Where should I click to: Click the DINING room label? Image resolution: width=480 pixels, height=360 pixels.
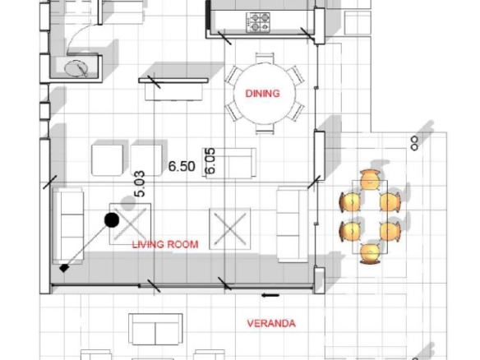tap(263, 94)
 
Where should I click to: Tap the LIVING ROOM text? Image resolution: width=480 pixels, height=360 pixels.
tap(165, 244)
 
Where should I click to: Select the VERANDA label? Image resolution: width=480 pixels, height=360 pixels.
tap(271, 324)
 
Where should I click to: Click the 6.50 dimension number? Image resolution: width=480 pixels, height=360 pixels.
tap(182, 166)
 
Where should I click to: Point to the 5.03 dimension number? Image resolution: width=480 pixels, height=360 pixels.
tap(139, 183)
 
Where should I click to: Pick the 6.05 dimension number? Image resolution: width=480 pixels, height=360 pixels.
tap(210, 161)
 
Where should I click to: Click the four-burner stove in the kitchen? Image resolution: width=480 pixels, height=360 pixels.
tap(258, 22)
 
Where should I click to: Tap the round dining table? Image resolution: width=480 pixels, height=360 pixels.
tap(265, 94)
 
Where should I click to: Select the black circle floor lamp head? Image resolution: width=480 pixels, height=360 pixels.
tap(112, 219)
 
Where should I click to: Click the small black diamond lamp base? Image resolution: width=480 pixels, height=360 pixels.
tap(63, 268)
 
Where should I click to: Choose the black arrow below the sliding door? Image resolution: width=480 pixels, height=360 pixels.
tap(270, 295)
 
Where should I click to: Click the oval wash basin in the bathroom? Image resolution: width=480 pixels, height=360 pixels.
tap(76, 68)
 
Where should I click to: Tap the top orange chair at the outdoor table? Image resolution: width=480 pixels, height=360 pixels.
tap(370, 179)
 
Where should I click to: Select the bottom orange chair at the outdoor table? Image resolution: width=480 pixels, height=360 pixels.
tap(370, 254)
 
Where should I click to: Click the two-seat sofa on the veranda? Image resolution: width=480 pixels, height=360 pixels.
tap(155, 329)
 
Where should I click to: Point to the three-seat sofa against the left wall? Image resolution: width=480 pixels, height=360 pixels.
tap(68, 226)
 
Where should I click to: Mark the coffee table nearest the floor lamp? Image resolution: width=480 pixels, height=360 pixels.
tap(131, 224)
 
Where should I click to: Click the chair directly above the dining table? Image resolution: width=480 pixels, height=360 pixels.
tap(265, 58)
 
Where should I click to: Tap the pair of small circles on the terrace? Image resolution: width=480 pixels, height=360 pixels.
tap(414, 144)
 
